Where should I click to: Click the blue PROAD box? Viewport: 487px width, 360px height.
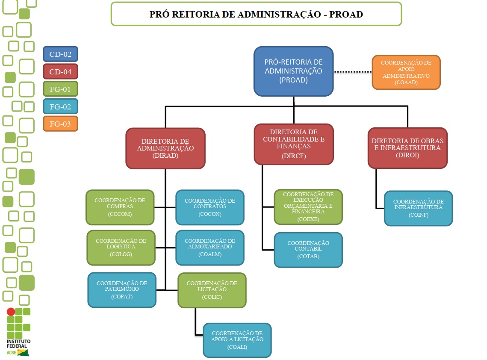[293, 71]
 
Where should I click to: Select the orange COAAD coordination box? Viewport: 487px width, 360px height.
[406, 72]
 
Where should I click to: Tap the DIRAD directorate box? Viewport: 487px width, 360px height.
[165, 148]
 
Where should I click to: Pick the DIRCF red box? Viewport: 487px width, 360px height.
[293, 144]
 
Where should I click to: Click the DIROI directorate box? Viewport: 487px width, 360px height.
[407, 148]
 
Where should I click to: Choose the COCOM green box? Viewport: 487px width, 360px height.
[120, 207]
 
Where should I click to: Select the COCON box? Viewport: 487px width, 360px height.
[210, 207]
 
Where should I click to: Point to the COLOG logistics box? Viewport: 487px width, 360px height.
[121, 248]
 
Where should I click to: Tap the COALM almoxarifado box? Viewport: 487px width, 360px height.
[210, 248]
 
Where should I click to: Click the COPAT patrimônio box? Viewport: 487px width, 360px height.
[122, 290]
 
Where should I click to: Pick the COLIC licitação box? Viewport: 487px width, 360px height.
[212, 290]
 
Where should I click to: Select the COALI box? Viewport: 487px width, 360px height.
[237, 340]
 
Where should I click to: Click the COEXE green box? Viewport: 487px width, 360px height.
[308, 207]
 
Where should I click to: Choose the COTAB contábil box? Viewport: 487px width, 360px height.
[308, 250]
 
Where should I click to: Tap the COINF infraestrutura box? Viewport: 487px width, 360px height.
[418, 208]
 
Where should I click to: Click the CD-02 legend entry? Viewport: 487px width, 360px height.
[60, 54]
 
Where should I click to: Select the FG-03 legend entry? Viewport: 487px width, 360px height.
[60, 124]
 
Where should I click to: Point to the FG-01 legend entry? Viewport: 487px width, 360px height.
[60, 89]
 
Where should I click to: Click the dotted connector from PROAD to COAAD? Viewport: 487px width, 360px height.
[352, 72]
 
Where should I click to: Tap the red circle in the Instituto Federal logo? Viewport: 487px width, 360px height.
[11, 312]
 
